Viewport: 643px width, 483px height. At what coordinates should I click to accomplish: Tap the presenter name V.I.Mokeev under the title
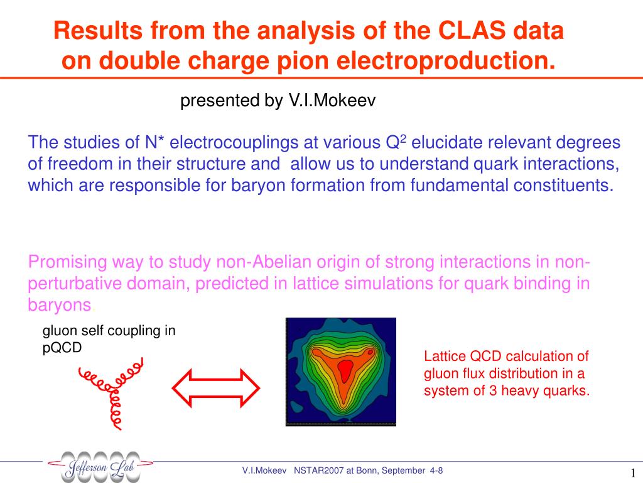(x=332, y=100)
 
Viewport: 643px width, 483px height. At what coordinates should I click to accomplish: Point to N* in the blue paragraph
(x=154, y=143)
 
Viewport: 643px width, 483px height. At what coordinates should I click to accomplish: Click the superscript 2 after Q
(x=403, y=138)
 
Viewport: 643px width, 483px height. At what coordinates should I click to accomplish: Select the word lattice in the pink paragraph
(x=315, y=284)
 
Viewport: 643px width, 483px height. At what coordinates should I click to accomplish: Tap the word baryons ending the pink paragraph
(x=60, y=305)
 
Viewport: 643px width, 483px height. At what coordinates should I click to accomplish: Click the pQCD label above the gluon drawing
(x=62, y=347)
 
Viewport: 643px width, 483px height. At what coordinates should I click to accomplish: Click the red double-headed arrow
(x=216, y=388)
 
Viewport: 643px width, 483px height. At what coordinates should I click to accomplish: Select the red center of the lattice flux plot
(x=345, y=370)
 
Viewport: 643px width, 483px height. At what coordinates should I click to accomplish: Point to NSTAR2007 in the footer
(x=318, y=470)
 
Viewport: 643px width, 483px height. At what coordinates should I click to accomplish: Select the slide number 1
(x=633, y=472)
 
